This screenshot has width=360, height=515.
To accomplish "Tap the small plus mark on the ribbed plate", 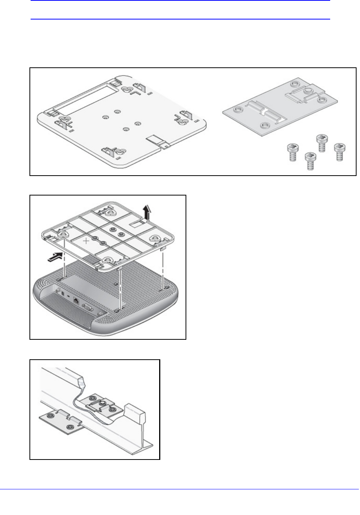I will coord(87,241).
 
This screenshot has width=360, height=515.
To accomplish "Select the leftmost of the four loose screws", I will coord(293,151).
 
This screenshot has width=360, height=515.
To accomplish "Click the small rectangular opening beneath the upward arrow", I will coord(138,221).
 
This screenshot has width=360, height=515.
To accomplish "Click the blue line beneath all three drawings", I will coord(180,489).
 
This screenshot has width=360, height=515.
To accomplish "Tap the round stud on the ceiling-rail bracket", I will coord(103,403).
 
